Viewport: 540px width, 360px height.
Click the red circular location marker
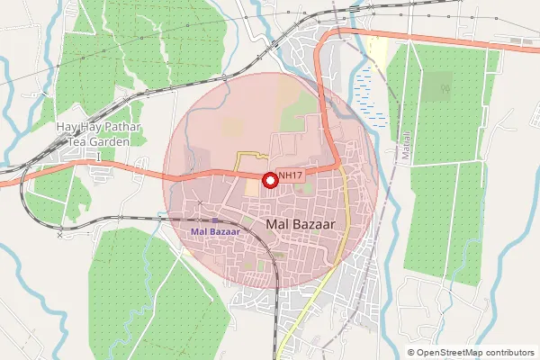269,180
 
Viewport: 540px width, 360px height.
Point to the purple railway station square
215,220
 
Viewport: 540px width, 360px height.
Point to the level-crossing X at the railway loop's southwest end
60,236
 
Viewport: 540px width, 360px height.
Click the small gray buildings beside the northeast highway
517,40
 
